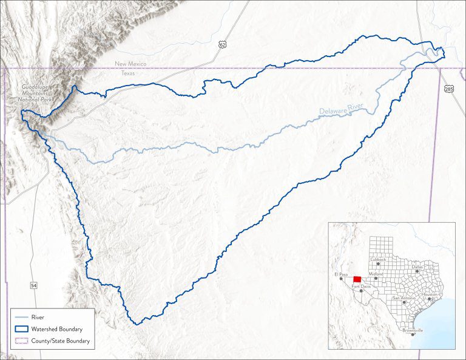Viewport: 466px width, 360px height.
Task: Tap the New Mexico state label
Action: [x=129, y=64]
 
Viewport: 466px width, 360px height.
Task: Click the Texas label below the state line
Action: [x=128, y=73]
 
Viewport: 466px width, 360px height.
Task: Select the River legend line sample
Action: [x=21, y=317]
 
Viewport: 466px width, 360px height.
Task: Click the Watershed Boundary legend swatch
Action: [x=21, y=329]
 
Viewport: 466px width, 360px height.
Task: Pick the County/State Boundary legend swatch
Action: [x=21, y=341]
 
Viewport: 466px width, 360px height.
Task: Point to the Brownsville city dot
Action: [x=413, y=334]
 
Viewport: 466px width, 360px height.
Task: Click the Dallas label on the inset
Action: [x=417, y=266]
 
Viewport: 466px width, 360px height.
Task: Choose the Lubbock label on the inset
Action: [x=377, y=259]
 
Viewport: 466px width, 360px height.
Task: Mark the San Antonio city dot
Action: [x=404, y=302]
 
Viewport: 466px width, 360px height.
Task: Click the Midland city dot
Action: [x=376, y=278]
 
